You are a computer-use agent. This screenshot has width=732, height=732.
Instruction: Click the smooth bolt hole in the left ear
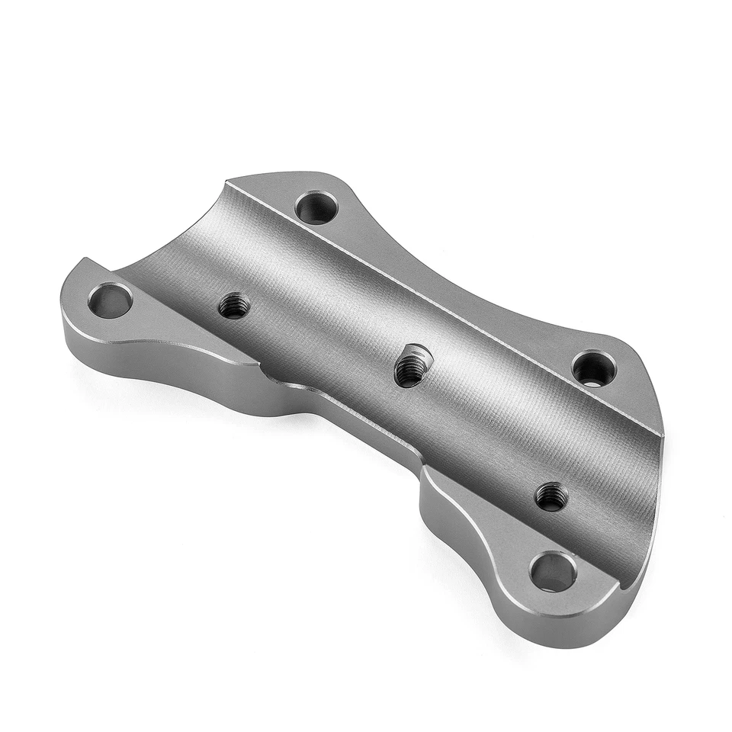click(x=111, y=300)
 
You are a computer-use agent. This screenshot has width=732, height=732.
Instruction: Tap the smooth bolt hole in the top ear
click(x=316, y=207)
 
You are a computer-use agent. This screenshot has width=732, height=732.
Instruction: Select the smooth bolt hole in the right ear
click(x=594, y=369)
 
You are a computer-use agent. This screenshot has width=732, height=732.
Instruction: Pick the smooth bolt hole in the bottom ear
click(x=553, y=571)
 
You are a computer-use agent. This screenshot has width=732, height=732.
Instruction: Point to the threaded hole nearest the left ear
click(x=234, y=306)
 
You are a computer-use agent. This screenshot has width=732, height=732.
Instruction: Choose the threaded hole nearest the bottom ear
click(x=551, y=496)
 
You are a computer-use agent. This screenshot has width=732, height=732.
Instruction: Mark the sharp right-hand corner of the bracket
click(x=662, y=436)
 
